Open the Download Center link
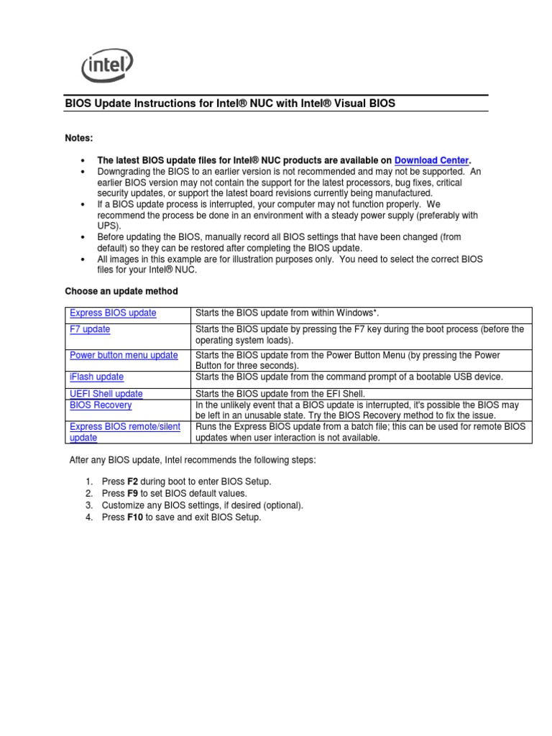pyautogui.click(x=431, y=160)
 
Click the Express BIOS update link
pyautogui.click(x=113, y=313)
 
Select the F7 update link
pyautogui.click(x=90, y=329)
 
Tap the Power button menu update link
pyautogui.click(x=124, y=355)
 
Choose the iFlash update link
pyautogui.click(x=96, y=377)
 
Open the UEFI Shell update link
pyautogui.click(x=106, y=394)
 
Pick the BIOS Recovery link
pyautogui.click(x=101, y=405)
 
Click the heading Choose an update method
pyautogui.click(x=121, y=291)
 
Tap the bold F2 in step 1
pyautogui.click(x=133, y=481)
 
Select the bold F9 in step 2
pyautogui.click(x=133, y=493)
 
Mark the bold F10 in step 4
pyautogui.click(x=135, y=517)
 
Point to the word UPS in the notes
pyautogui.click(x=106, y=225)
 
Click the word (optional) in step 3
pyautogui.click(x=284, y=505)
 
